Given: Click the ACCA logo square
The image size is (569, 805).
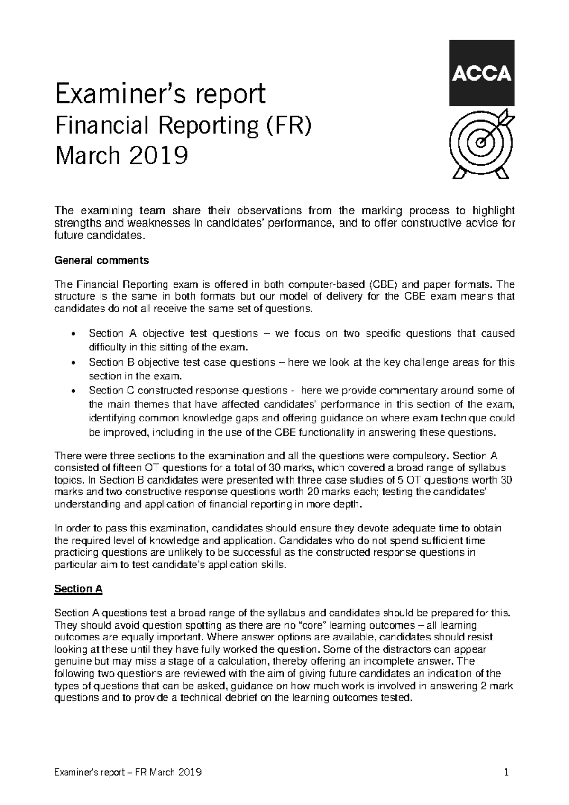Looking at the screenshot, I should (x=481, y=73).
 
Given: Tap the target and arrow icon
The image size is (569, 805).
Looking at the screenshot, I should (x=481, y=143).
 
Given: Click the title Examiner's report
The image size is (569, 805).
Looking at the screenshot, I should (x=161, y=94).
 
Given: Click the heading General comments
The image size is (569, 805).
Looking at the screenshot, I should (x=102, y=260).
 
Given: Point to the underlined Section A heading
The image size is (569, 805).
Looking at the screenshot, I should (x=79, y=589).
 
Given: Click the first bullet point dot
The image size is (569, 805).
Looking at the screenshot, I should (x=72, y=334).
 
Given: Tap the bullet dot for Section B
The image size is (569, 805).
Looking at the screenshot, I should (x=72, y=363).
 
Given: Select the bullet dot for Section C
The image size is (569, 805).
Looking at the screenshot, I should (x=72, y=391).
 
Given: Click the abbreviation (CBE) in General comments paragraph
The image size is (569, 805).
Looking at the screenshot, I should (x=382, y=284).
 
